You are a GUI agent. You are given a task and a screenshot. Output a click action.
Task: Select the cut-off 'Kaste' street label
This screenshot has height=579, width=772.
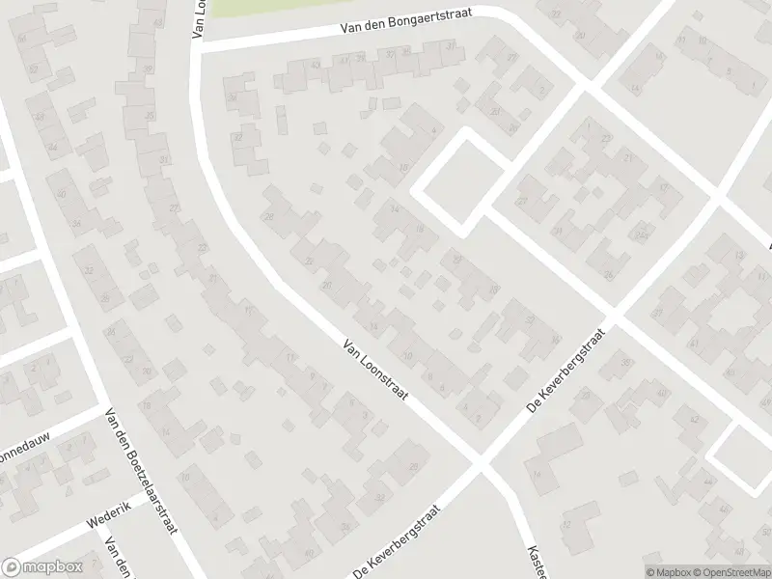pos(536,560)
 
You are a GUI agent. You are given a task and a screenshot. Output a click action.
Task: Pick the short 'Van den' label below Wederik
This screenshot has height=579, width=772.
pos(120,559)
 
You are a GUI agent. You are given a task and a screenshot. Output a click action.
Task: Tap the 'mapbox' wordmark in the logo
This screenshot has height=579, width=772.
pos(53,567)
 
